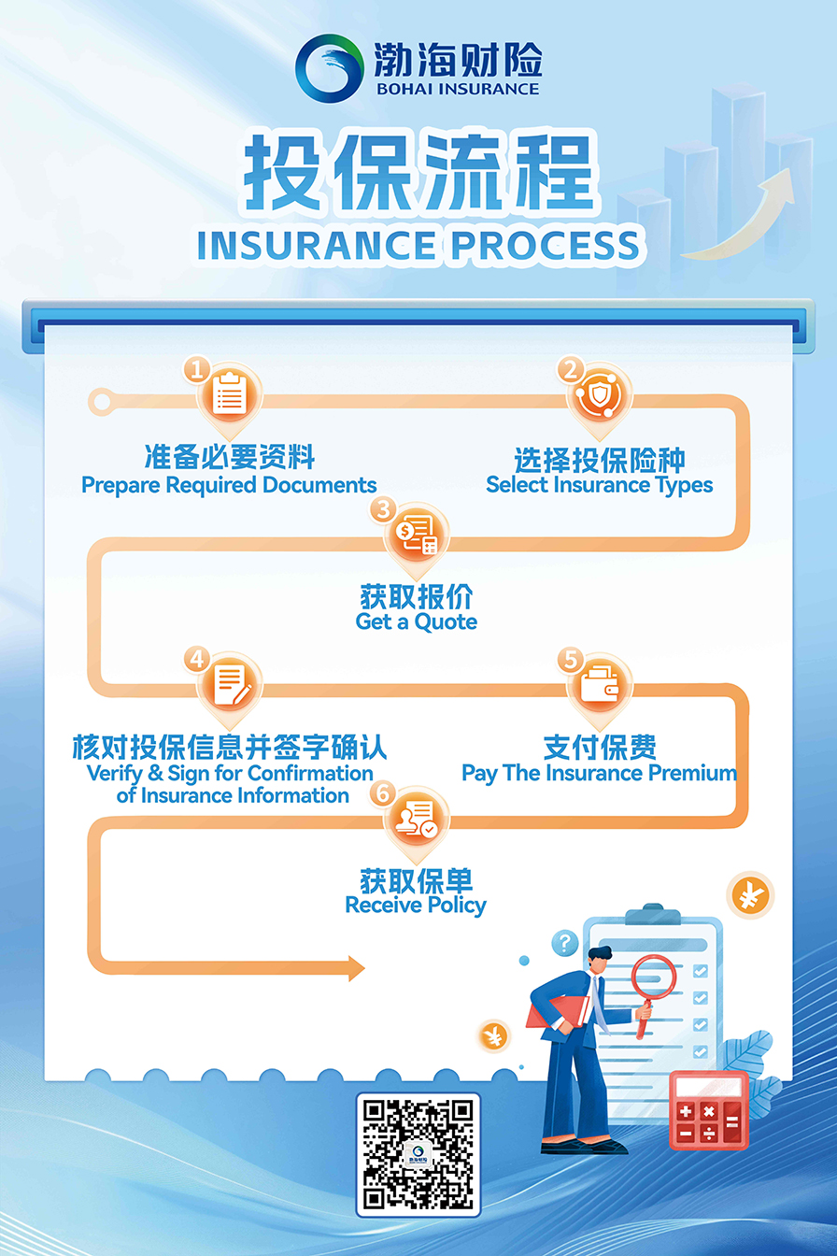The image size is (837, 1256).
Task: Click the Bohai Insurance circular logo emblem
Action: click(x=329, y=66)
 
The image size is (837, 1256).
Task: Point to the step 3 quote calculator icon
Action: click(x=417, y=535)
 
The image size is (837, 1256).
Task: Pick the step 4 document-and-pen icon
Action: click(x=230, y=684)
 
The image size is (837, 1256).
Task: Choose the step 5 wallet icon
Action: click(x=599, y=685)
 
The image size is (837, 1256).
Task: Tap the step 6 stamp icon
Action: click(x=417, y=819)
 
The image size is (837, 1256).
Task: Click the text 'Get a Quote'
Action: click(x=417, y=622)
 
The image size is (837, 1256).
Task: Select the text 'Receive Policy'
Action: click(x=416, y=906)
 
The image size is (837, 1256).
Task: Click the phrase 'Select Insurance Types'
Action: click(x=599, y=485)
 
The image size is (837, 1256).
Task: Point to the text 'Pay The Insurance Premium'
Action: click(x=599, y=773)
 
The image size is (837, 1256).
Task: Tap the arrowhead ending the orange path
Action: click(x=356, y=968)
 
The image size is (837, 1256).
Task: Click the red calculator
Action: click(x=708, y=1109)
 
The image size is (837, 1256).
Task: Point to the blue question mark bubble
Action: click(x=564, y=942)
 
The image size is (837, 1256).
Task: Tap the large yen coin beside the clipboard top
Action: click(x=749, y=896)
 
